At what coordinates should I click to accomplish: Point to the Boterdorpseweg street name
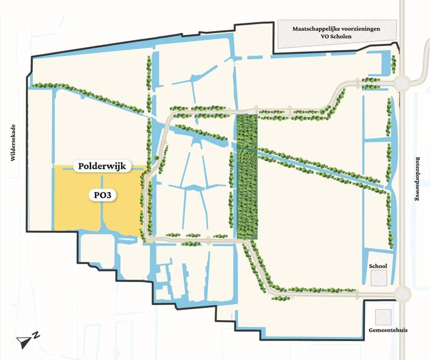tap(417, 179)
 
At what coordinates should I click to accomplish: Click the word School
tap(378, 266)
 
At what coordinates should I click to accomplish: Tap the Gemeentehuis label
tap(382, 330)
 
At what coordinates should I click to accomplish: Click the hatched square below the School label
tap(379, 278)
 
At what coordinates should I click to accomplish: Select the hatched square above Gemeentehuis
tap(383, 317)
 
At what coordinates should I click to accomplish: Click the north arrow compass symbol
tap(24, 342)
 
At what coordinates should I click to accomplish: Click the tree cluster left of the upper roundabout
tap(372, 83)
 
